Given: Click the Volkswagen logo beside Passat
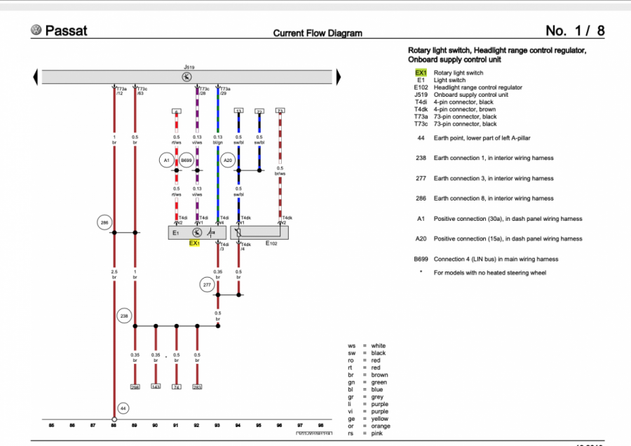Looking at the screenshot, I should coord(36,30).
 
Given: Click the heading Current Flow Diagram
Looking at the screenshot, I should coord(318,33).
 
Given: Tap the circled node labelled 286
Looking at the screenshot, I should coord(104,223).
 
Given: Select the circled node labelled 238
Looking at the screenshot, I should coord(125,316).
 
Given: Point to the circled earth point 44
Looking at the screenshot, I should coord(123,407).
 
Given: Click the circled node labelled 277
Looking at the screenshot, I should coord(207,285).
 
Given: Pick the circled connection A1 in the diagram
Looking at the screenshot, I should coord(166,161).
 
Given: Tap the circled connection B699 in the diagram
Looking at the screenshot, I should coord(186,161).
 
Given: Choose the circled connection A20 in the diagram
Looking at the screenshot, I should coord(228,161).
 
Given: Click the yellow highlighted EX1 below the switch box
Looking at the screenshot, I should coord(195,243).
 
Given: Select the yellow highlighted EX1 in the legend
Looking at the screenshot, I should coord(421,73).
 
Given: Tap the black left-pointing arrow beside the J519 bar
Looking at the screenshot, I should coord(36,76).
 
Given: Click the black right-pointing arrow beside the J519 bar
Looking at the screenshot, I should coord(338,76).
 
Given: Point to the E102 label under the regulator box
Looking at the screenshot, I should coord(271,243).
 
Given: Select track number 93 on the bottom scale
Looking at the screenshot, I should coord(217,425).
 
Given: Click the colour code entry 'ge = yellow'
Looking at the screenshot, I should coord(368,419).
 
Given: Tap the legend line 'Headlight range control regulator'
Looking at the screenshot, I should coord(477,88).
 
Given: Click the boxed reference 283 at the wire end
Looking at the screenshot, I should coord(197,387).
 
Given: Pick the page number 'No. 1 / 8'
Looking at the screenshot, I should coord(574,31).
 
